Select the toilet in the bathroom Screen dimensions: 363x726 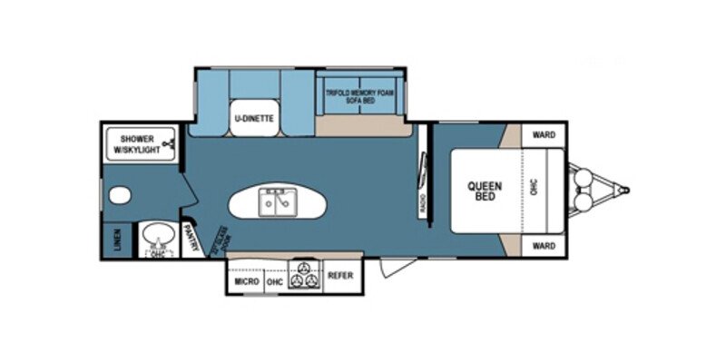click(118, 195)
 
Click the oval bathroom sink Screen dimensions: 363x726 click(158, 235)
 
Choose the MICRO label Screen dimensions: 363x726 click(246, 282)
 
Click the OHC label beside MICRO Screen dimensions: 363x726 click(275, 282)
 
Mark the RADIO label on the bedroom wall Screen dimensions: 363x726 click(424, 205)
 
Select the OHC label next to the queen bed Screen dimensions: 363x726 click(535, 188)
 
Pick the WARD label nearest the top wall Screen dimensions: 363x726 click(544, 135)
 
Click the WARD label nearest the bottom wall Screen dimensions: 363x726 click(544, 245)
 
